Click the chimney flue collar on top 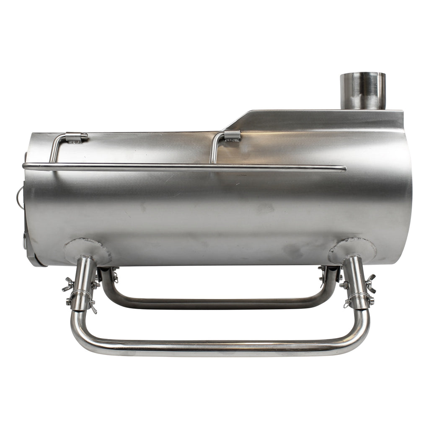[x=362, y=90]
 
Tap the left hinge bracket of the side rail [x=76, y=137]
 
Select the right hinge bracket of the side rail [x=232, y=135]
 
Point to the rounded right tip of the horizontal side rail [x=343, y=169]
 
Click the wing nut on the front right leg [x=370, y=283]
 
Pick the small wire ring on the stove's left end [x=20, y=194]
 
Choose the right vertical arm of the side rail [x=214, y=150]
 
